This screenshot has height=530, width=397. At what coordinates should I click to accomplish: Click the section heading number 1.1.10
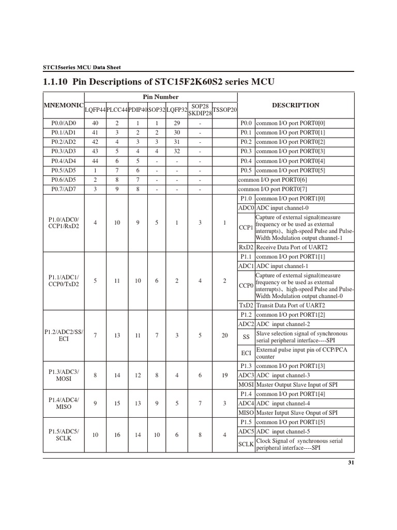[x=55, y=82]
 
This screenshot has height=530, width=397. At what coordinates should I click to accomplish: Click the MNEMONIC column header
[x=64, y=105]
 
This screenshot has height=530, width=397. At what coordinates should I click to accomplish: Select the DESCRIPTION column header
[x=296, y=105]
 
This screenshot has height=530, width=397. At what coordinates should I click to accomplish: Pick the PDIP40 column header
[x=138, y=110]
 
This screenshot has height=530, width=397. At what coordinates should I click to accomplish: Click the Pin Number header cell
[x=161, y=97]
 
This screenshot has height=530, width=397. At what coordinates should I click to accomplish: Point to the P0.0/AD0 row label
[x=64, y=123]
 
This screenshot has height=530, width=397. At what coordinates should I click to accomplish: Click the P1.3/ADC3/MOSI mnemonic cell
[x=64, y=375]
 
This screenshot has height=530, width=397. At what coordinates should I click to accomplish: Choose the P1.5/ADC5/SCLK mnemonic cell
[x=64, y=435]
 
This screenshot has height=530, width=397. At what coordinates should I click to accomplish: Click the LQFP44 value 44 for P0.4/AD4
[x=95, y=160]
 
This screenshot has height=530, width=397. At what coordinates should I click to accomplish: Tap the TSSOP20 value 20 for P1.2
[x=224, y=335]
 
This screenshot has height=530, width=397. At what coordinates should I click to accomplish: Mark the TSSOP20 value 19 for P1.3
[x=224, y=375]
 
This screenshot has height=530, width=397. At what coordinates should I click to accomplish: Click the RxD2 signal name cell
[x=246, y=247]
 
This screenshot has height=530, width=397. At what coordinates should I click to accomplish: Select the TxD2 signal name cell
[x=246, y=305]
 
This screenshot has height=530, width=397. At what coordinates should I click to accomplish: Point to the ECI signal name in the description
[x=246, y=353]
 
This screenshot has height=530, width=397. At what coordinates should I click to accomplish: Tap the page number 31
[x=350, y=463]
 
